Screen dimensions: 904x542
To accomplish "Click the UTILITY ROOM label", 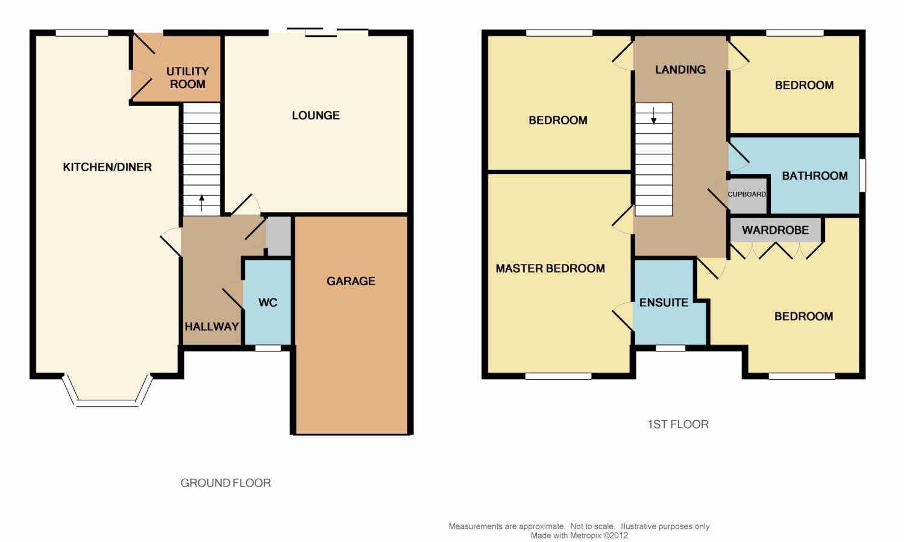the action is (187, 78).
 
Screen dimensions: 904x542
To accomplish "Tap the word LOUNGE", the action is (316, 115).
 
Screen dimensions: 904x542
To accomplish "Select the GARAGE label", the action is (351, 281).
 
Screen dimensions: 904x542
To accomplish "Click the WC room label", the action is (268, 302).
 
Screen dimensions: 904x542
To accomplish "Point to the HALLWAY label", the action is (212, 327).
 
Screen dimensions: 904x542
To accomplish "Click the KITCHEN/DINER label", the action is (107, 167).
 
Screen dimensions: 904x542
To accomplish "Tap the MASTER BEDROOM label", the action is (550, 268).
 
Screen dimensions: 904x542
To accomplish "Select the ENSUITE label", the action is (664, 303).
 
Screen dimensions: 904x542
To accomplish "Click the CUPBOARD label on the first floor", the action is (747, 194).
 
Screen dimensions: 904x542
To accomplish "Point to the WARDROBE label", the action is (775, 230).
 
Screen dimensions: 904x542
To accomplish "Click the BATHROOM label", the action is (815, 175).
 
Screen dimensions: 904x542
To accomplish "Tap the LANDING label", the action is (680, 69).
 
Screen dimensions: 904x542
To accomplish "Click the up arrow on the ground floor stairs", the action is (202, 203).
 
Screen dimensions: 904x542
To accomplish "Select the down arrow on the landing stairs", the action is (654, 115).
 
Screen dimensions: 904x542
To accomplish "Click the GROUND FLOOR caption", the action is (225, 483).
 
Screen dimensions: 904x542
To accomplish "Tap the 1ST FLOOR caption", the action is (678, 424).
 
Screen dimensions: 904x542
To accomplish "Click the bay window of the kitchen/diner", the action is (107, 402).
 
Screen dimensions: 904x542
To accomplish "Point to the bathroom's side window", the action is (862, 175).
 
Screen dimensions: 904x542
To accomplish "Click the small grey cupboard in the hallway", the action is (279, 236).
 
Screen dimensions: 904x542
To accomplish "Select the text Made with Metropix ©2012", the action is (579, 535).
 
